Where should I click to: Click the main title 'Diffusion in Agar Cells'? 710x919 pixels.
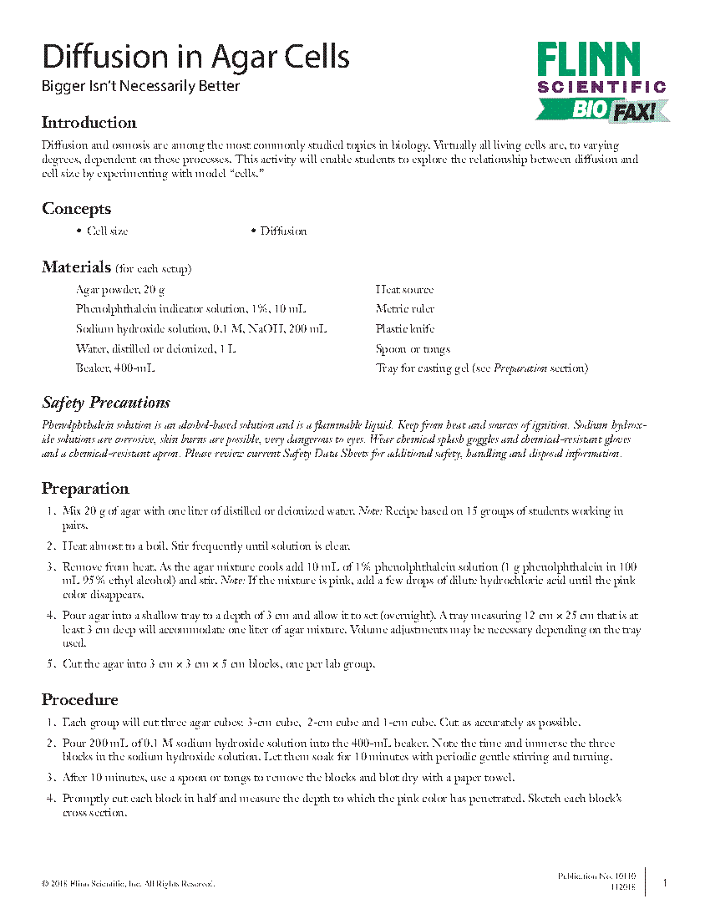pos(195,57)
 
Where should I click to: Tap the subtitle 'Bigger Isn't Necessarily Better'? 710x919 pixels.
pos(140,86)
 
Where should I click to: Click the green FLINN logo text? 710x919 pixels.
pos(588,60)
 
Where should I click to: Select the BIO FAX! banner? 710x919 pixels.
pos(603,109)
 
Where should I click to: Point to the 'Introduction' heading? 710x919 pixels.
pos(89,123)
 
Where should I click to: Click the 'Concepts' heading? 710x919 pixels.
pos(76,209)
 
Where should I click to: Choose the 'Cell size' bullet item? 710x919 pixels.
pos(107,231)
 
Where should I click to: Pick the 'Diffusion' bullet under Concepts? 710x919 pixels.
pos(282,231)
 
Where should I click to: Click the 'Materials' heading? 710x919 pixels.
pos(76,267)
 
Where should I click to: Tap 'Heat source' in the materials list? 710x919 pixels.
pos(404,289)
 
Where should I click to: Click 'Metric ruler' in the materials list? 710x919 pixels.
pos(404,309)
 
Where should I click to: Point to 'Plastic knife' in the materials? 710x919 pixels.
pos(404,329)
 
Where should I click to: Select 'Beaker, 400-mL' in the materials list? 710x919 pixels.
pos(114,368)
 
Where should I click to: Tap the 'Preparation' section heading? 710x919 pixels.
pos(85,489)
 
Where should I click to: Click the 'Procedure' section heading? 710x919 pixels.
pos(79,699)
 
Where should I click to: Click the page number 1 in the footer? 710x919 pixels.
pos(665,882)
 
